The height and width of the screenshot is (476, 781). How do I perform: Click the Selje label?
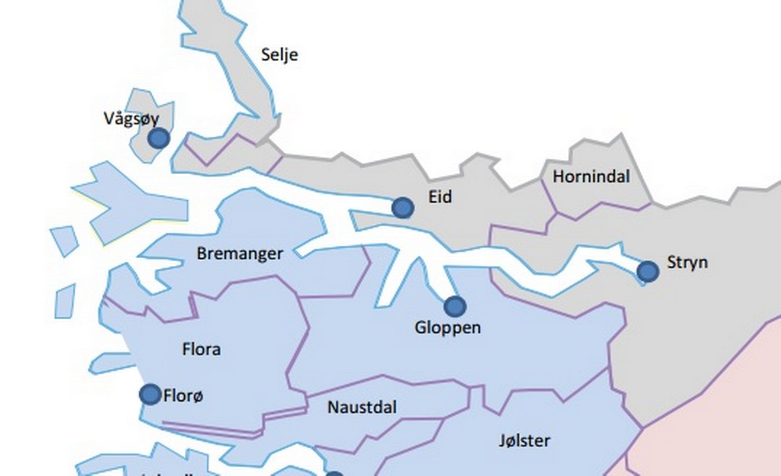point(279,55)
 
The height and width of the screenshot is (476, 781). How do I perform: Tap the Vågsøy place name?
point(131,118)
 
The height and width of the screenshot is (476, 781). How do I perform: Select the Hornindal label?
point(591,176)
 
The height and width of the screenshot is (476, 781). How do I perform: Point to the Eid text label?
point(440,197)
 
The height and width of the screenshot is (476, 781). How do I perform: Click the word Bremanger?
point(240,254)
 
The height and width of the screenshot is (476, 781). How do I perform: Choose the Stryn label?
point(687,262)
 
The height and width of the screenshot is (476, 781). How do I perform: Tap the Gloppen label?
point(448,328)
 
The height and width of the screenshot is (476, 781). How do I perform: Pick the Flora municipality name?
point(201,349)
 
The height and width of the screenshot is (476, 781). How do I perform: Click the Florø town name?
point(183,396)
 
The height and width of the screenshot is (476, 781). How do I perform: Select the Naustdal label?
point(362,407)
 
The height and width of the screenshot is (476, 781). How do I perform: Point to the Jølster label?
point(524,441)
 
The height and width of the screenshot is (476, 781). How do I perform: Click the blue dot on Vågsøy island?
point(159,138)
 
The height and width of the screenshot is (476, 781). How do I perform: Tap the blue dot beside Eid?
point(403,207)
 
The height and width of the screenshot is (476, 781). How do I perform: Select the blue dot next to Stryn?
point(648,271)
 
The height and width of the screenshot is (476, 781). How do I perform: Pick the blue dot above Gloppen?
point(455,306)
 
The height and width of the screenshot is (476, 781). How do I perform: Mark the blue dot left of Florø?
point(150,394)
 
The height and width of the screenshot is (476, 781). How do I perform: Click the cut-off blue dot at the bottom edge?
point(334,474)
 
